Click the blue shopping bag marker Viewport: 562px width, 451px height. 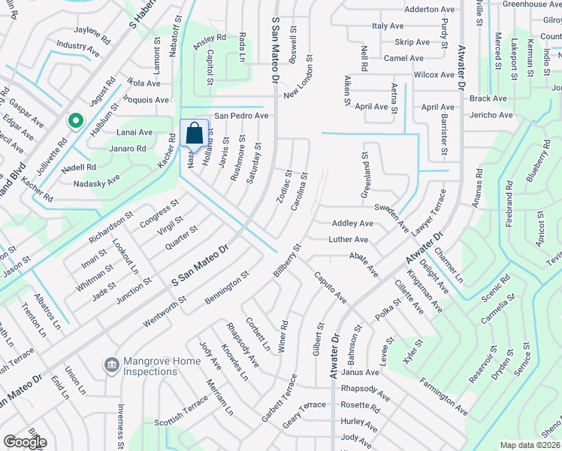coord(194,134)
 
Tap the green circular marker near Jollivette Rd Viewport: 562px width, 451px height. coord(75,120)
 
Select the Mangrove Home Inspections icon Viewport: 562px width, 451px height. coord(112,365)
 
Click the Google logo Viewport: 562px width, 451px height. coord(24,442)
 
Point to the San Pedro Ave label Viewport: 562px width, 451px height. coord(241,116)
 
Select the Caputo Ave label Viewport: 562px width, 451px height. coord(331,288)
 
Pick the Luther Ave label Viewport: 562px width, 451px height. coord(349,240)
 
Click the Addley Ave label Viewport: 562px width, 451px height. coord(352,223)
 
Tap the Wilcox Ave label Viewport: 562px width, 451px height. coord(434,74)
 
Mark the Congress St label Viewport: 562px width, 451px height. coord(159,212)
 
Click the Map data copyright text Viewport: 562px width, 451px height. coord(530,445)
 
